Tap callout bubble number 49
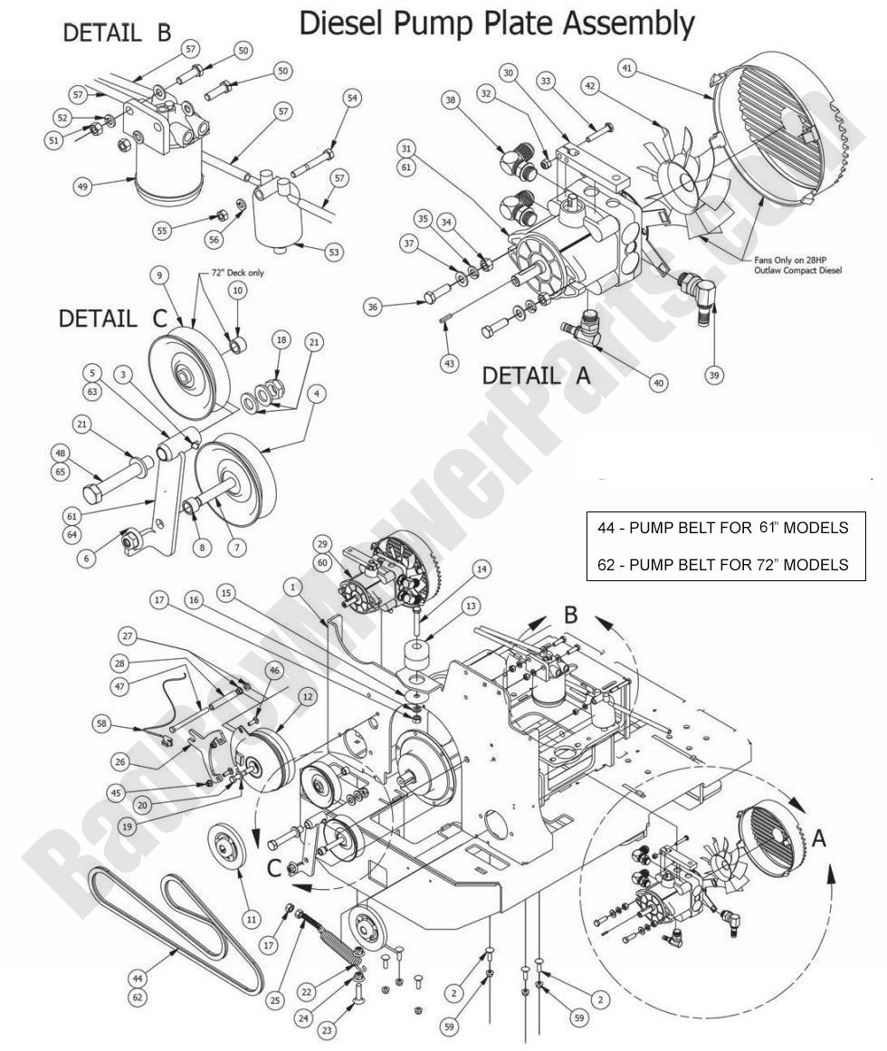[x=84, y=186]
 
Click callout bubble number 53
[x=334, y=252]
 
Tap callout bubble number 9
[x=160, y=273]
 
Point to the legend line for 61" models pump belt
[x=723, y=527]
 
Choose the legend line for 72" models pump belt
[x=723, y=564]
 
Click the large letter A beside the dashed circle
[x=818, y=839]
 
